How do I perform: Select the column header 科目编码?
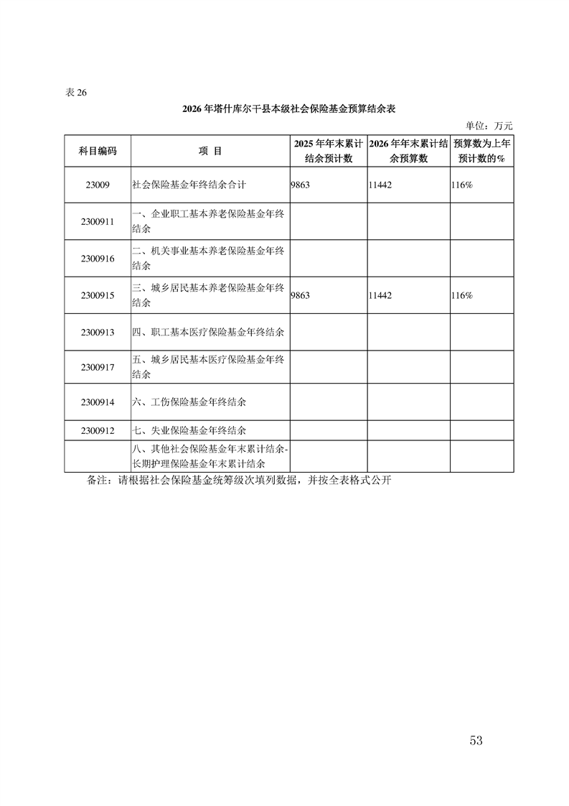point(98,151)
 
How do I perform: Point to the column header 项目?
point(210,151)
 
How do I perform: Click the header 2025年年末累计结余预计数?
point(329,151)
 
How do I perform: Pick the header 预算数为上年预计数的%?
point(481,151)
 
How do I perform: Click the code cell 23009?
point(98,185)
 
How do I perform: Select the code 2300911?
point(98,221)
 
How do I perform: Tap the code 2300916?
point(98,259)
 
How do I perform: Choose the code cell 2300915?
point(98,295)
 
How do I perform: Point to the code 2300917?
point(98,368)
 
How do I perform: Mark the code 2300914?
point(98,402)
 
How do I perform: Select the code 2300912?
point(98,431)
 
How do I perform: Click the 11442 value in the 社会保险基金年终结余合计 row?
point(380,185)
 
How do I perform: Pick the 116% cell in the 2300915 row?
point(461,295)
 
